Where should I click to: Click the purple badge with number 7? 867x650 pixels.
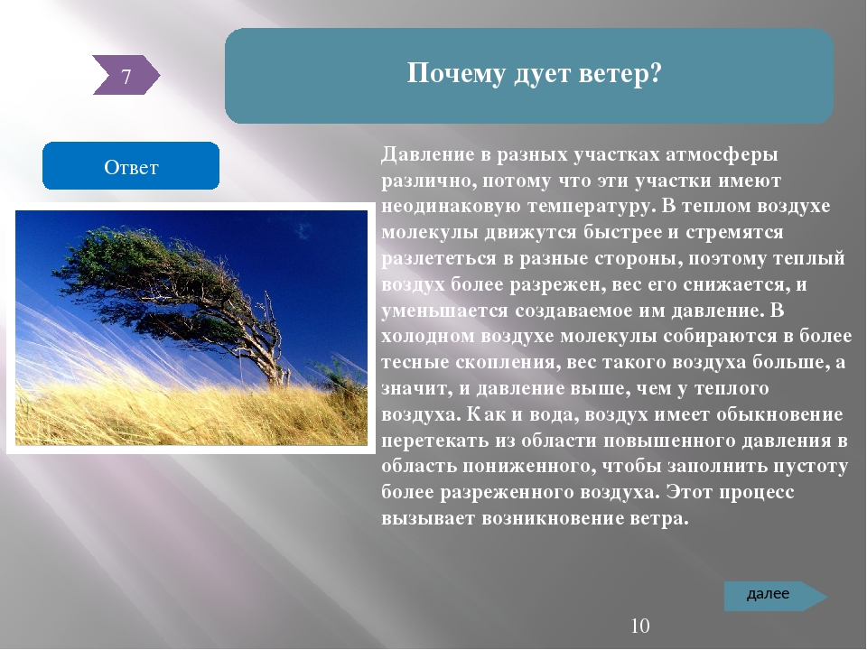coord(126,75)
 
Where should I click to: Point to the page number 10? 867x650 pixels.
coord(639,627)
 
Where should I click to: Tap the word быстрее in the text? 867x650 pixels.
coord(621,233)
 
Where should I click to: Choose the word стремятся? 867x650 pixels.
coord(734,233)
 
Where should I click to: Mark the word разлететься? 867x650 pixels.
coord(439,259)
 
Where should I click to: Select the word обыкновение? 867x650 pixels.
coord(779,414)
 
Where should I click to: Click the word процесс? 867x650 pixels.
coord(757,493)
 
